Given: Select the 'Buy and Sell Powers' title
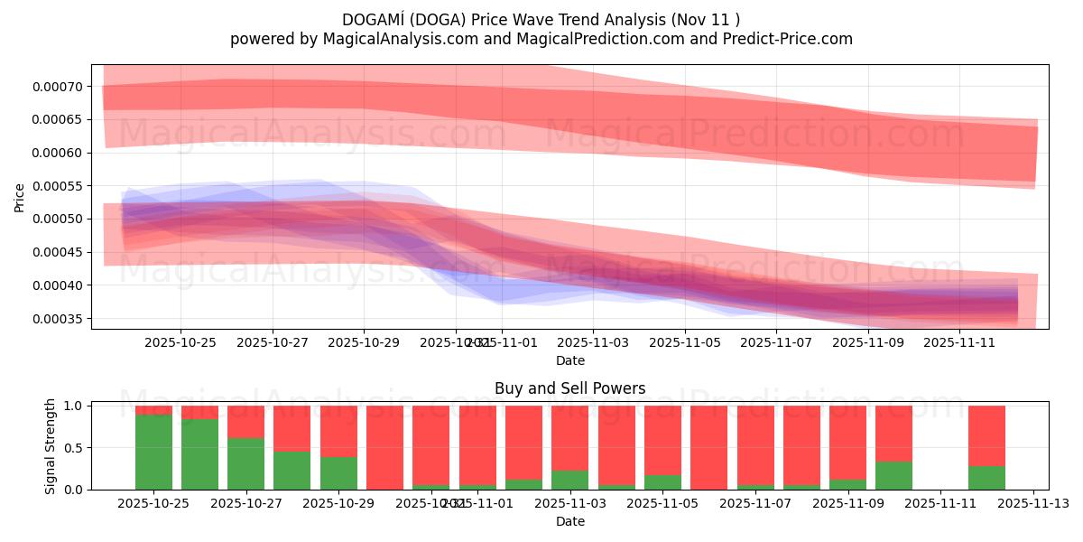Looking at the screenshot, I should (x=569, y=389).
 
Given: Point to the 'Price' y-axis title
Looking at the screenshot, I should (x=20, y=197).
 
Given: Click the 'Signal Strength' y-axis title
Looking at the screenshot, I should (x=51, y=446).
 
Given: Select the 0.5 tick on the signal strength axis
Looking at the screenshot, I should (x=72, y=448).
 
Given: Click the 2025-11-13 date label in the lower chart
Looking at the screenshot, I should (x=1032, y=503).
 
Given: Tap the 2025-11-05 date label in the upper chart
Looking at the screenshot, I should (x=685, y=342).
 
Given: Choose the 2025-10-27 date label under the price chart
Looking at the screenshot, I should (x=273, y=342).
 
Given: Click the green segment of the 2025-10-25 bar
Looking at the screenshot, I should (x=153, y=452).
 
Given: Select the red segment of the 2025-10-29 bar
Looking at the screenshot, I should (x=338, y=431).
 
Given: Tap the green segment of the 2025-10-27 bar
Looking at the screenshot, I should (x=245, y=463).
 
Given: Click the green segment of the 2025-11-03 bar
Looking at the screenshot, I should (x=569, y=480).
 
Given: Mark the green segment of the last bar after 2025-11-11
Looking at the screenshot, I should (x=986, y=478).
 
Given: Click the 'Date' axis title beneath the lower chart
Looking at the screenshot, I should (x=569, y=521).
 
